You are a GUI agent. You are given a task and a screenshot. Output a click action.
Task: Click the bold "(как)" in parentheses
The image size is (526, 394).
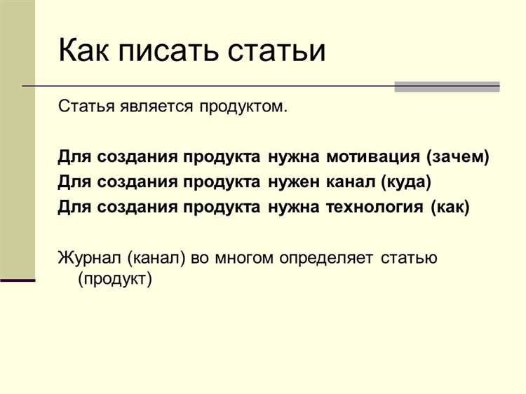(451, 208)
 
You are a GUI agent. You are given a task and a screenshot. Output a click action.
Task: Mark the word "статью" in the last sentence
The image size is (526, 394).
(410, 257)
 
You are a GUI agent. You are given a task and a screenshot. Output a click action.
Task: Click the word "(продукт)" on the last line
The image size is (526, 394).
(115, 279)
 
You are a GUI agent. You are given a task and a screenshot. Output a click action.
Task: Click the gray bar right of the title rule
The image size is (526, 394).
(447, 86)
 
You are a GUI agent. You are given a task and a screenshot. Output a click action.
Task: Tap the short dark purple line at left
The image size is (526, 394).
(18, 280)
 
